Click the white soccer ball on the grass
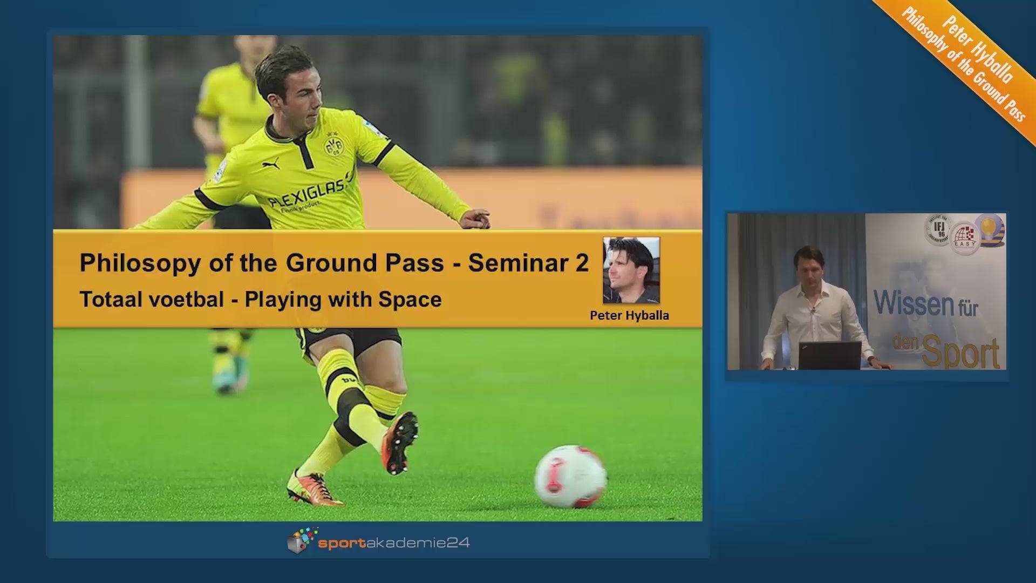570,477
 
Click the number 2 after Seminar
582,263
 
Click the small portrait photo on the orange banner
631,270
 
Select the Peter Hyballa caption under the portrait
629,315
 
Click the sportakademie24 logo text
394,543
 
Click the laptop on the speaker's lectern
830,355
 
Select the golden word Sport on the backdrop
961,352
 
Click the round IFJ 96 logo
939,229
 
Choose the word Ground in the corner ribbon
987,84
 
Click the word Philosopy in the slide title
140,263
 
